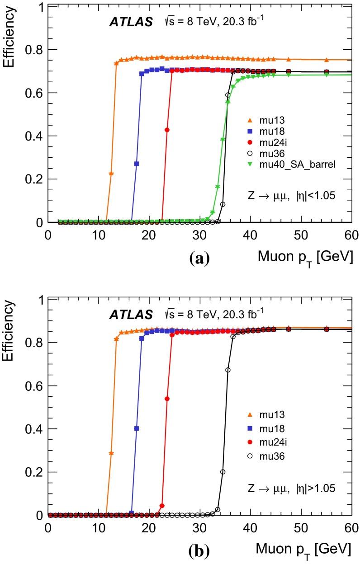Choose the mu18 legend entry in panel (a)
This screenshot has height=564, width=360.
click(x=265, y=131)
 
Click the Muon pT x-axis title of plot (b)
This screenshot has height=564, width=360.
click(x=304, y=549)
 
